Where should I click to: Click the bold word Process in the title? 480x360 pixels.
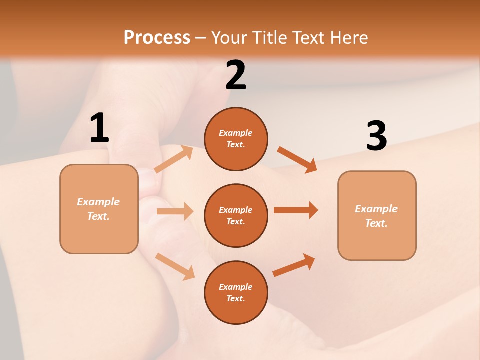[157, 38]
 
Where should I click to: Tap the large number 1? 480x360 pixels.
[99, 128]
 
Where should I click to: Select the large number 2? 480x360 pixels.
[236, 75]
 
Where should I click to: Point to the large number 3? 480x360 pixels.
[376, 136]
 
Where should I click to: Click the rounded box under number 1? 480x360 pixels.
[99, 209]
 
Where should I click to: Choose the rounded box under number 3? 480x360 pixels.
[377, 215]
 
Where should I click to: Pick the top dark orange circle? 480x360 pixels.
[236, 139]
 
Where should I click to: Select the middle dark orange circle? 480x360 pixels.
[236, 215]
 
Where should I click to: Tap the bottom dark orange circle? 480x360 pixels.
[236, 292]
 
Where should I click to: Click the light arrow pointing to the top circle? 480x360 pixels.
[174, 159]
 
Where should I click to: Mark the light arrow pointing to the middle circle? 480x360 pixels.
[175, 211]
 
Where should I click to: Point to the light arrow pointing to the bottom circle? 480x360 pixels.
[175, 266]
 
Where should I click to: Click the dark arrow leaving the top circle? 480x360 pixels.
[297, 160]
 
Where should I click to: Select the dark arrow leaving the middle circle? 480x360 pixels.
[296, 210]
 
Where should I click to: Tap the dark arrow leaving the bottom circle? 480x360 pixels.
[294, 265]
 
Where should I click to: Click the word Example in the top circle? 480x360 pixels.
[236, 133]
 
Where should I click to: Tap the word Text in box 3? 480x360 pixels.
[376, 223]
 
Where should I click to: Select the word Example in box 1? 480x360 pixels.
[98, 202]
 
